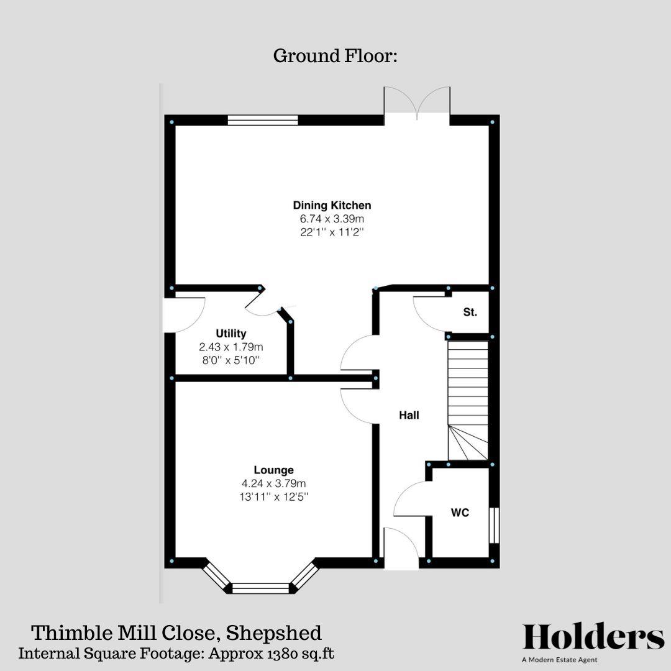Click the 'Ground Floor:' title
pyautogui.click(x=335, y=56)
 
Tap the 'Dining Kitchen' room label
pyautogui.click(x=332, y=205)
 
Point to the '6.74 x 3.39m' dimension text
pyautogui.click(x=332, y=219)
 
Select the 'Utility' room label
pyautogui.click(x=231, y=334)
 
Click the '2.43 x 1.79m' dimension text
pyautogui.click(x=231, y=347)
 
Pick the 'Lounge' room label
pyautogui.click(x=273, y=470)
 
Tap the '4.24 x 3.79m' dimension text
pyautogui.click(x=273, y=483)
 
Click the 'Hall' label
pyautogui.click(x=409, y=415)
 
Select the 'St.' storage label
pyautogui.click(x=470, y=313)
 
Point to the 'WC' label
pyautogui.click(x=460, y=513)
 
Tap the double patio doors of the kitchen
pyautogui.click(x=417, y=103)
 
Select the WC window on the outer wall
pyautogui.click(x=494, y=525)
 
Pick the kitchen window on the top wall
pyautogui.click(x=263, y=121)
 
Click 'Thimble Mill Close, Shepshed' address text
pyautogui.click(x=176, y=633)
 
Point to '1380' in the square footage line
pyautogui.click(x=285, y=654)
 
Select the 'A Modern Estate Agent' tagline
pyautogui.click(x=559, y=660)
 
